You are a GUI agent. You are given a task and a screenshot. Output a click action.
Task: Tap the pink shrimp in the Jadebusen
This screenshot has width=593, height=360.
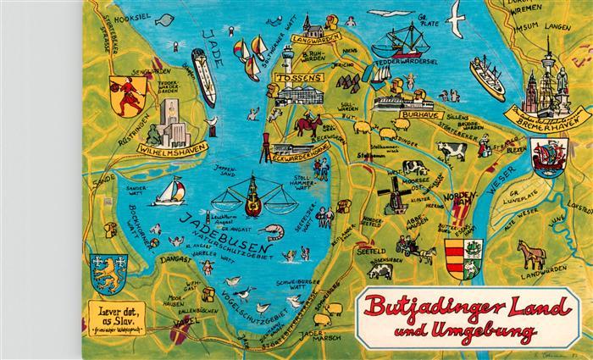pos(274,230)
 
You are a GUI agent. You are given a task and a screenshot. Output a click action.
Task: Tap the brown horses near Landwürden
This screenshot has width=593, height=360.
pos(531,254)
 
